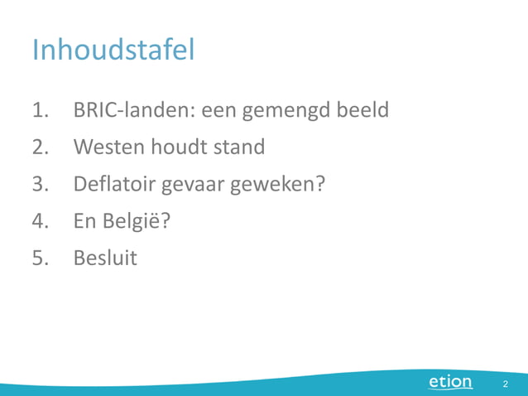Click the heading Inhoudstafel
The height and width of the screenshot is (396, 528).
[x=113, y=51]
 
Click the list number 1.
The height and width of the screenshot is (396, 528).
[x=41, y=110]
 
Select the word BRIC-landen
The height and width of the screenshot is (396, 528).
[x=133, y=110]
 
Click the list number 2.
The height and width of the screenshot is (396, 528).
[x=41, y=147]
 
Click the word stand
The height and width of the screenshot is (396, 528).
[x=238, y=147]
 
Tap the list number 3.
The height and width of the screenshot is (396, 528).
[x=41, y=185]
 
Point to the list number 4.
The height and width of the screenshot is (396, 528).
[x=41, y=222]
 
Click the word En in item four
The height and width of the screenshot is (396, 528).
[x=86, y=222]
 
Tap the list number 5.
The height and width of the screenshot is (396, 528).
[x=41, y=258]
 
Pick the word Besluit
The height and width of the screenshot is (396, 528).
[x=105, y=258]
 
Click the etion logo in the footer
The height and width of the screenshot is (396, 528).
[x=450, y=382]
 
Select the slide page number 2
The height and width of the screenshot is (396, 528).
[x=504, y=384]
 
